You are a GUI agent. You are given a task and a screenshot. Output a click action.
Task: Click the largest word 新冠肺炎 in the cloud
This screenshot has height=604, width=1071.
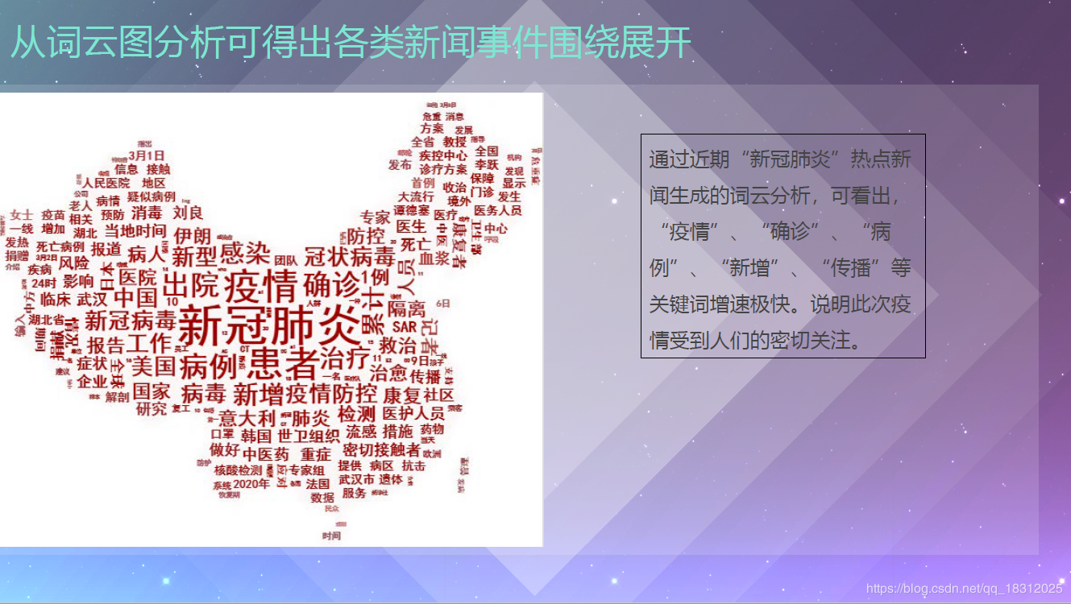click(x=269, y=326)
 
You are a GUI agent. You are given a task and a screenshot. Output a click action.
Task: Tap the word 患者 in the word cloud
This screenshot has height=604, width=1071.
click(x=282, y=364)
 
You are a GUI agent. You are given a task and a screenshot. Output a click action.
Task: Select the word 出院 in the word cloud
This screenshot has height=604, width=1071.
click(x=190, y=284)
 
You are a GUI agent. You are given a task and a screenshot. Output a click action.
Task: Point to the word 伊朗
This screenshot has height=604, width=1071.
click(x=192, y=236)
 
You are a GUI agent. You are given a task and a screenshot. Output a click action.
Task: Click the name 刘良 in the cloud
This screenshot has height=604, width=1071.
click(x=188, y=213)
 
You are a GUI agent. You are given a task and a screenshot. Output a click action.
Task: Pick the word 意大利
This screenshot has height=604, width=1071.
click(x=247, y=418)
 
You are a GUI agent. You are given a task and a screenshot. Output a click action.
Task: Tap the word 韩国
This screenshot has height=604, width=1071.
click(x=255, y=436)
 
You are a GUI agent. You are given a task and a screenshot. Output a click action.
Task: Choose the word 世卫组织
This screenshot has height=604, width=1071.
click(x=309, y=436)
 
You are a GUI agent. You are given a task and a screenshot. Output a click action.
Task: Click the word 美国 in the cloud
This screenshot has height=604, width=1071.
click(x=153, y=366)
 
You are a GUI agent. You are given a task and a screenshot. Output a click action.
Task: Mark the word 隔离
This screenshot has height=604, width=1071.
click(x=406, y=309)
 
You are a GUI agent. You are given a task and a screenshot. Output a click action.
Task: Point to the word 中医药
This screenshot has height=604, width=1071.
click(x=265, y=453)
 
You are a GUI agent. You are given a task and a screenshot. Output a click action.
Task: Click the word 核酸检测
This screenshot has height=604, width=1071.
click(x=238, y=470)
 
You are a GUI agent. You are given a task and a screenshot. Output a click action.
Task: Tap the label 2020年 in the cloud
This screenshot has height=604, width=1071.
click(x=251, y=484)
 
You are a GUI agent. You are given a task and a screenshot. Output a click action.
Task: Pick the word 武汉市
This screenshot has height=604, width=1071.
click(x=356, y=479)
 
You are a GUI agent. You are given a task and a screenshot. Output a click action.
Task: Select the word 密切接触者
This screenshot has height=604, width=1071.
click(x=381, y=449)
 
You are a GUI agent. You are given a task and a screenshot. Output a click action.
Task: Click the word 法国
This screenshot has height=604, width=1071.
click(x=318, y=484)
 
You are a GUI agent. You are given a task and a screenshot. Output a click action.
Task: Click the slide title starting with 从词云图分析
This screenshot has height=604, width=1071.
click(x=351, y=42)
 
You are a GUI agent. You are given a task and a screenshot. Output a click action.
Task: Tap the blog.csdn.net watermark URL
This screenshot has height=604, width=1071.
click(x=964, y=589)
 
